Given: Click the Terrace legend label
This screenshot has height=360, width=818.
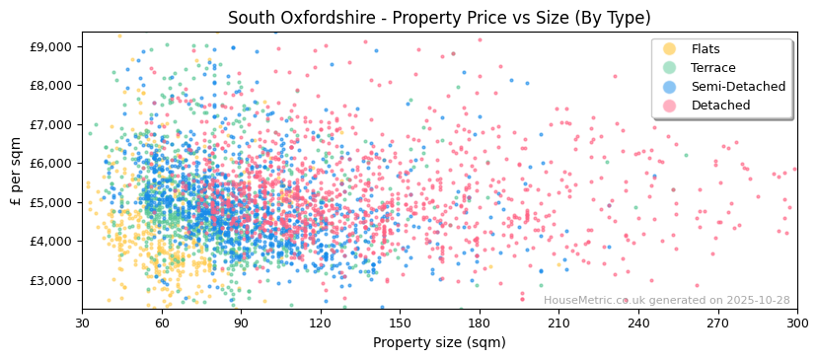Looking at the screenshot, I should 713,68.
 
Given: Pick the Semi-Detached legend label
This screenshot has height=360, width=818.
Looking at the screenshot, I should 738,87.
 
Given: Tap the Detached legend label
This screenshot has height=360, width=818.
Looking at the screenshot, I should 720,106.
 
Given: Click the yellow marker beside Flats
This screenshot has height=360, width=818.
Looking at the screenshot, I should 670,49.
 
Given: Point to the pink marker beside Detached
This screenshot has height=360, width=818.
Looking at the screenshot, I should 670,106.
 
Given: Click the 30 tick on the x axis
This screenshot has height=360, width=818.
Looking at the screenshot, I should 82,323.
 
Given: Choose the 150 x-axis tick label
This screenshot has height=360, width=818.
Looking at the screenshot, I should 400,323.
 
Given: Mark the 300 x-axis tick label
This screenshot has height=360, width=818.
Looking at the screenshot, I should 796,323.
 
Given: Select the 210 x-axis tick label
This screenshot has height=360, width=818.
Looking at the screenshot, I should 558,323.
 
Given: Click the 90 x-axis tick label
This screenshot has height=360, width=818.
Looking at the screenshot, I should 241,323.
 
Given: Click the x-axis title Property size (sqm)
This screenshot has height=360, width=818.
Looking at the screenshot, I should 438,343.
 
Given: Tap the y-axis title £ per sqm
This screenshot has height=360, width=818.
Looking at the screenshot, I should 16,171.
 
